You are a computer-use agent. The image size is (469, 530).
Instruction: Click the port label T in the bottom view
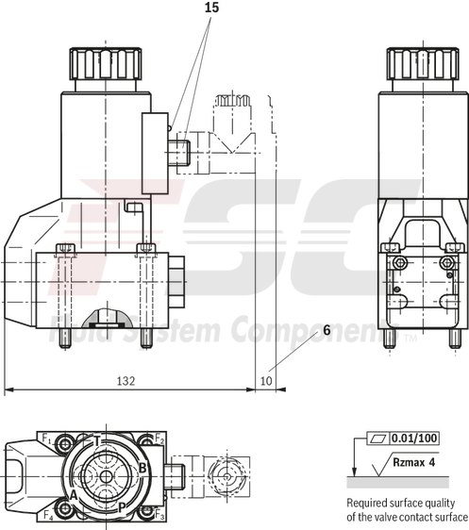point(97,440)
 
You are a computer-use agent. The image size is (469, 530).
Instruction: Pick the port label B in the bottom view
point(142,467)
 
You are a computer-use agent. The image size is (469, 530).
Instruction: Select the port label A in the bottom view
point(73,493)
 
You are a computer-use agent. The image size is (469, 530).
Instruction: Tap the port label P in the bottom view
point(121,506)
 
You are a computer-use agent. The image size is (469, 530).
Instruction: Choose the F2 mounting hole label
point(159,439)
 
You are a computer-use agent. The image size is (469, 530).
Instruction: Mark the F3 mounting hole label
point(159,517)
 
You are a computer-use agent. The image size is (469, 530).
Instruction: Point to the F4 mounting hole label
point(47,515)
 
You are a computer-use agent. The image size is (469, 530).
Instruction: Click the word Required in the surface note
point(370,504)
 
